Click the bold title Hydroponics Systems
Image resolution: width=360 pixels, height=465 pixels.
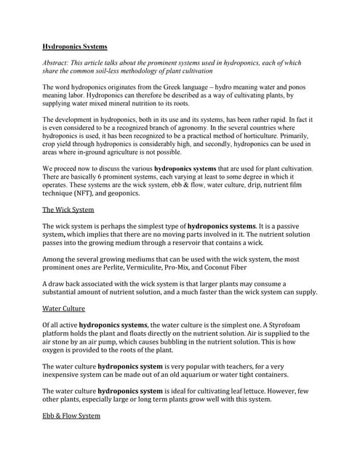click(x=74, y=46)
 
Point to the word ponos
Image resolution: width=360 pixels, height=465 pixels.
click(x=296, y=87)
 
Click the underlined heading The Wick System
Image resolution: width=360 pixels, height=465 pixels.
click(x=68, y=210)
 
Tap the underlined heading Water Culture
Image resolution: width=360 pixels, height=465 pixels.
click(x=64, y=308)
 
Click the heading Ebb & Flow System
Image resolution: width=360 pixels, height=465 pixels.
click(x=71, y=416)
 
